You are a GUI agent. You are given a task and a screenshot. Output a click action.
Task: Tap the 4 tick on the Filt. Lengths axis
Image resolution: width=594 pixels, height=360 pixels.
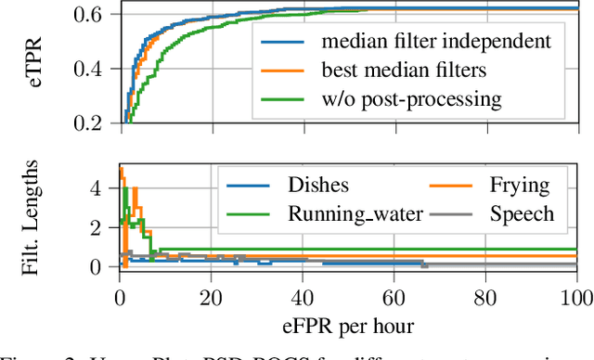coord(104,187)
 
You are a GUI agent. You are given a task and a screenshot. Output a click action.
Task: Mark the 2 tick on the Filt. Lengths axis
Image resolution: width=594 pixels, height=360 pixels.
coord(104,227)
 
